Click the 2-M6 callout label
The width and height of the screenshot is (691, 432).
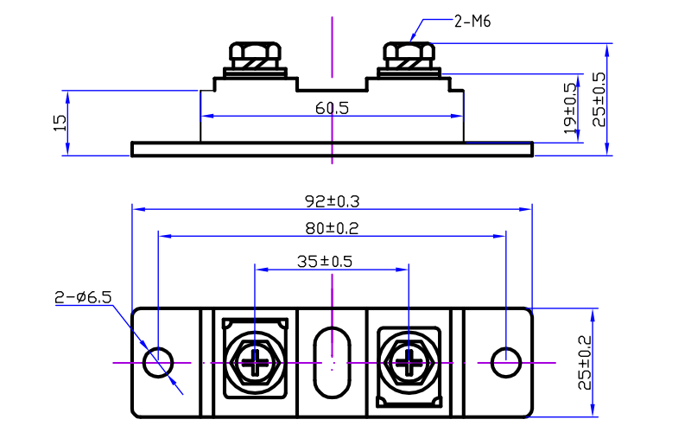tap(472, 22)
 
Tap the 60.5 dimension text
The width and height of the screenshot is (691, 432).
tap(332, 109)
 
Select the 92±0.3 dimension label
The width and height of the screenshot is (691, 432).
tap(332, 200)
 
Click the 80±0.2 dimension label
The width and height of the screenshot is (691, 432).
tap(332, 228)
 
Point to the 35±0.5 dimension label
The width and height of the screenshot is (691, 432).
tap(332, 260)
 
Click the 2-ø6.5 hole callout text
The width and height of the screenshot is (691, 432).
tap(83, 298)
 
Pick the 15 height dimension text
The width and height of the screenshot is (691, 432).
tap(59, 123)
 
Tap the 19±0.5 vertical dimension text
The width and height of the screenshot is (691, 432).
tap(571, 108)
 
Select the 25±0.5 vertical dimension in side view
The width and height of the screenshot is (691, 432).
tap(598, 99)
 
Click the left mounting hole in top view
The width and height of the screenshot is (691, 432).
tap(158, 363)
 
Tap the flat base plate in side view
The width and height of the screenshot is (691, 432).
tap(332, 149)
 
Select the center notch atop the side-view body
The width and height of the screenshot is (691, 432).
tap(332, 86)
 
